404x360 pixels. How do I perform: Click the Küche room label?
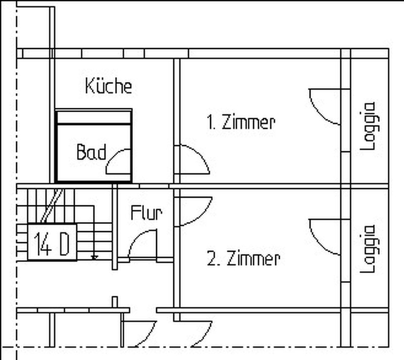pyautogui.click(x=109, y=85)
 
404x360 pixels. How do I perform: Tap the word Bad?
pyautogui.click(x=91, y=152)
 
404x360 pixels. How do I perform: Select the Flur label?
pyautogui.click(x=146, y=213)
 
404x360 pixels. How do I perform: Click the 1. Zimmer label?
pyautogui.click(x=241, y=122)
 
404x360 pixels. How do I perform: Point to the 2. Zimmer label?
pyautogui.click(x=243, y=258)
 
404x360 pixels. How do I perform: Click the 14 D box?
pyautogui.click(x=52, y=242)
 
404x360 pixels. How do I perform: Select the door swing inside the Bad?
pyautogui.click(x=118, y=161)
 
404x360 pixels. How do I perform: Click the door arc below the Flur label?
pyautogui.click(x=142, y=244)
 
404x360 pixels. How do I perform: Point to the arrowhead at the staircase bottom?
pyautogui.click(x=94, y=257)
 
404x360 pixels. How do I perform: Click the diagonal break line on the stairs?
pyautogui.click(x=52, y=206)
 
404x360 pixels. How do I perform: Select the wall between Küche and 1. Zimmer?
pyautogui.click(x=176, y=121)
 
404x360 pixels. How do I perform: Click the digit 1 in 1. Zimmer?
pyautogui.click(x=210, y=123)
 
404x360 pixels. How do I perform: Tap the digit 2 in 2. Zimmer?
pyautogui.click(x=211, y=259)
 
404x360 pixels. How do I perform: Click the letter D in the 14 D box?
pyautogui.click(x=64, y=243)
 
